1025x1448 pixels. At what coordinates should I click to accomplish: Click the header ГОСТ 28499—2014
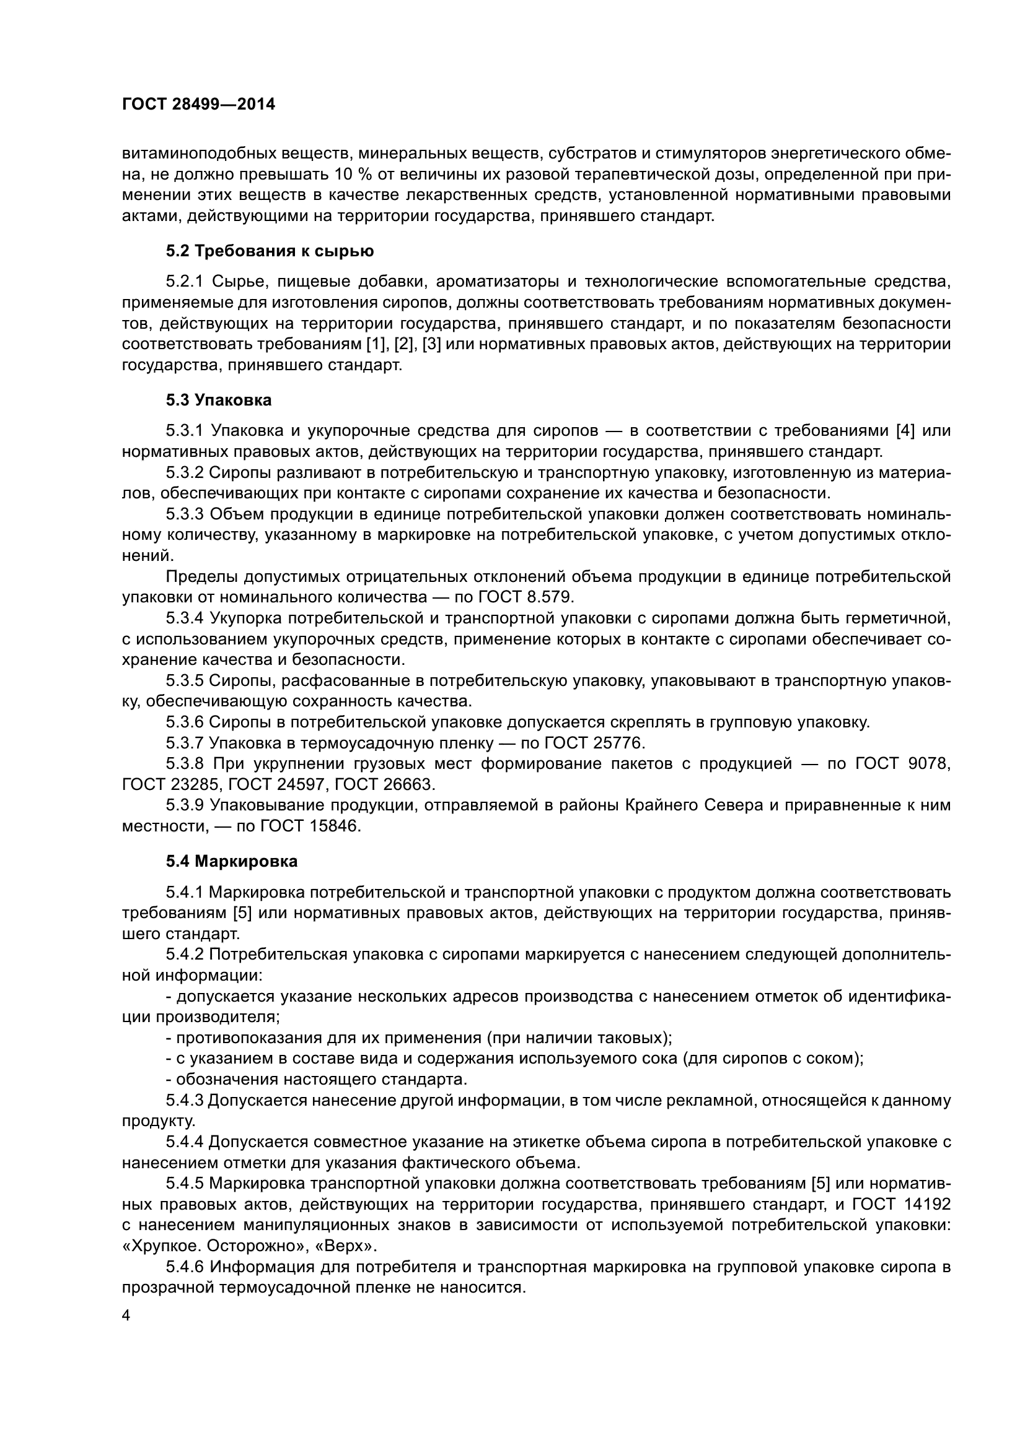pos(198,105)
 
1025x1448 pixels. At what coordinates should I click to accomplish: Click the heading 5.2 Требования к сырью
pos(270,251)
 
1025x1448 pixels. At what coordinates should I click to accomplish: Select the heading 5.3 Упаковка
pos(219,400)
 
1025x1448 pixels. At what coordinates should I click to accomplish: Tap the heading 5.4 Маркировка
pos(232,861)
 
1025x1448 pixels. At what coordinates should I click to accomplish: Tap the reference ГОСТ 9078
pos(902,764)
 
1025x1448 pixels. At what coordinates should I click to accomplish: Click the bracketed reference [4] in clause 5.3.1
pos(907,431)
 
